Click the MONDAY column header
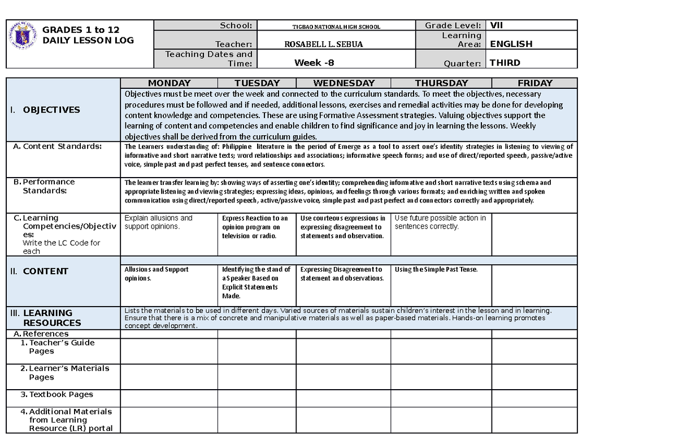coord(169,83)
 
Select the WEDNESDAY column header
coord(344,83)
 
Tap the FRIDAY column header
coord(534,83)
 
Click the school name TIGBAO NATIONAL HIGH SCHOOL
coord(336,27)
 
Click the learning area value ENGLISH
coord(511,44)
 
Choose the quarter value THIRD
coord(505,63)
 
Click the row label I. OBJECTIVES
coord(45,110)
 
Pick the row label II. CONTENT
coord(40,271)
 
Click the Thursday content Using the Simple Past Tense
coord(436,270)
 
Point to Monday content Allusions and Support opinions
coord(157,274)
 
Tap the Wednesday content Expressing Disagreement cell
coord(341,274)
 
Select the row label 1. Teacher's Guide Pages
coord(58,347)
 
